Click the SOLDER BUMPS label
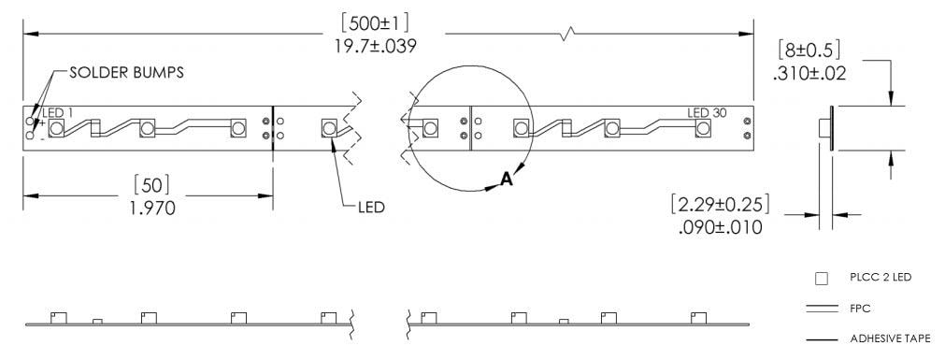(x=126, y=72)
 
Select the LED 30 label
(x=707, y=113)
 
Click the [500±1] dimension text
(x=376, y=23)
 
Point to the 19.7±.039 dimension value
(x=376, y=46)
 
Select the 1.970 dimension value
(x=151, y=208)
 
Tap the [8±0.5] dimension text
(x=809, y=50)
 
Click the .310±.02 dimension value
(x=809, y=74)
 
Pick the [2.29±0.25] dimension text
(x=720, y=204)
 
